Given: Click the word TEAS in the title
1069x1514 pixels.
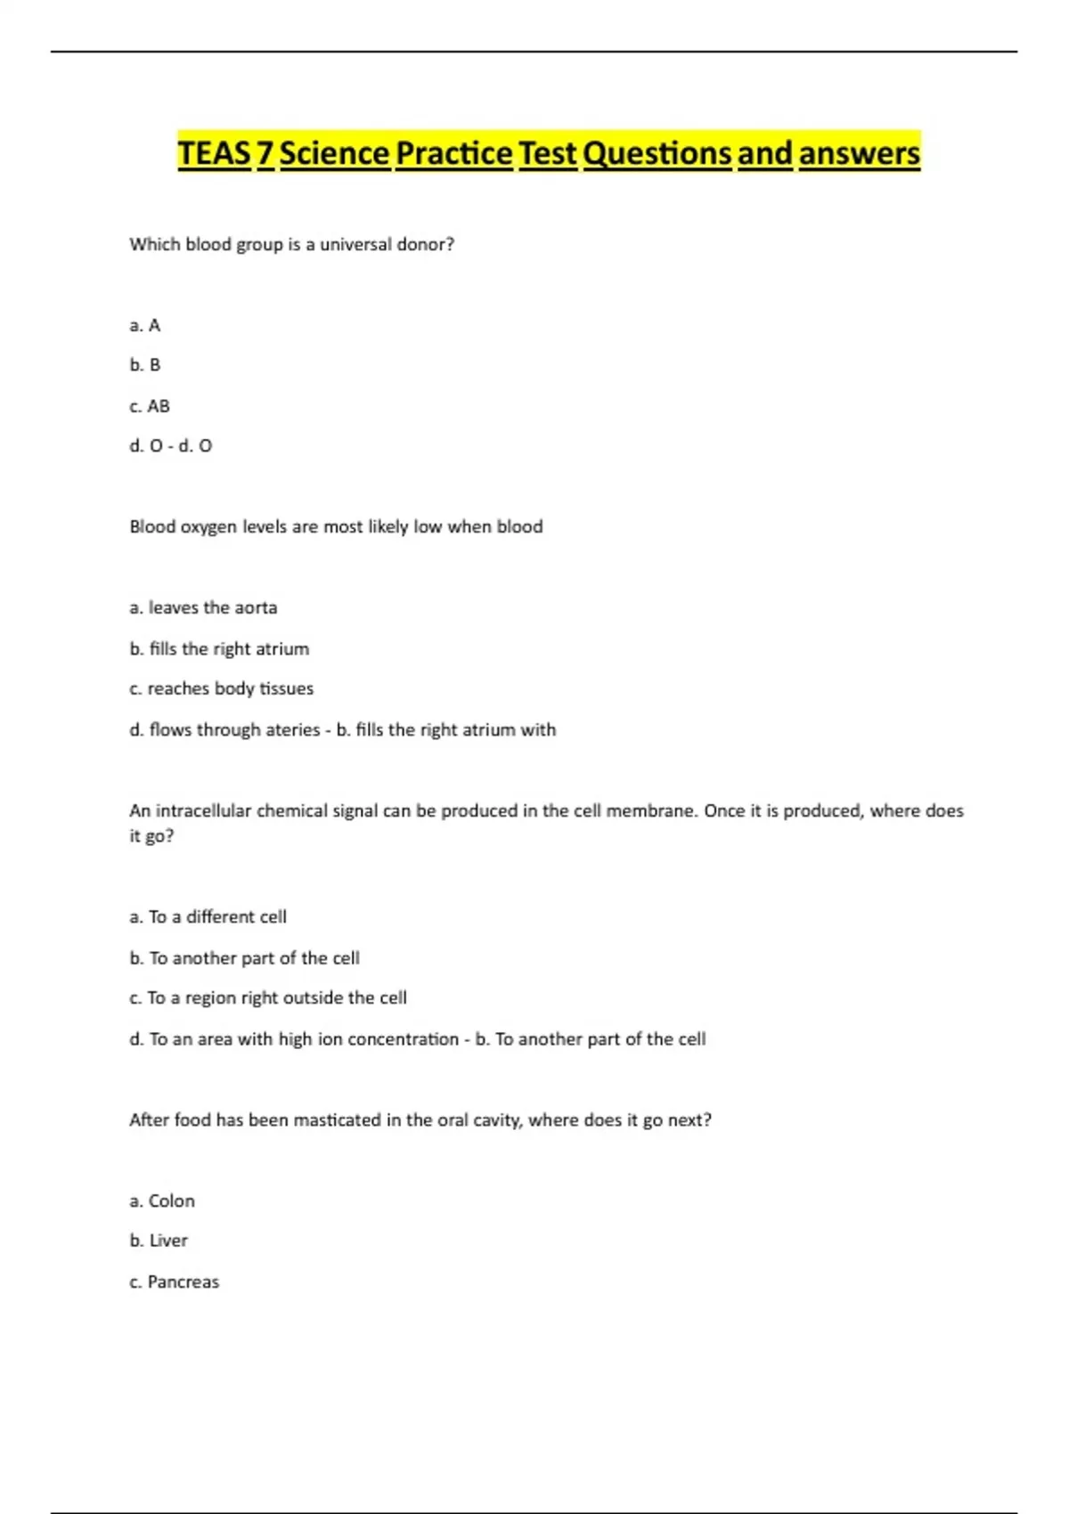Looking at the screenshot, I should (x=214, y=153).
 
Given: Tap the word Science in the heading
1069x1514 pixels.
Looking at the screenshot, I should (x=335, y=153).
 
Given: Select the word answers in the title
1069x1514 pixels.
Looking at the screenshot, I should (x=859, y=153).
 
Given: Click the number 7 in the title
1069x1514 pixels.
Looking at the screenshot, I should (x=265, y=153).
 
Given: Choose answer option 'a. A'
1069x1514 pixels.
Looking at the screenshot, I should (x=145, y=326).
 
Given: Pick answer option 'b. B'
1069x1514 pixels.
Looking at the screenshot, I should (x=145, y=365).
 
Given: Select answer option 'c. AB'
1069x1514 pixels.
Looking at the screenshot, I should (x=150, y=406).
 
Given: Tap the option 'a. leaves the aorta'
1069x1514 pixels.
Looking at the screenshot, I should (x=203, y=608).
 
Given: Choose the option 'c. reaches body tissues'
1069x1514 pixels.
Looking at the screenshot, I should (x=221, y=688).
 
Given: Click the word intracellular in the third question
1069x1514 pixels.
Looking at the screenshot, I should (x=204, y=811).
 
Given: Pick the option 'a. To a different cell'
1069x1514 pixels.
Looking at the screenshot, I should (x=208, y=917).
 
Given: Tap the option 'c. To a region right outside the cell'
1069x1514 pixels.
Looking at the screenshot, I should (x=267, y=998).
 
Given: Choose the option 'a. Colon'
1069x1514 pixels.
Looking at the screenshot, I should (x=162, y=1201).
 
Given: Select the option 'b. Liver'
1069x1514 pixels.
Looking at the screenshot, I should (x=159, y=1241).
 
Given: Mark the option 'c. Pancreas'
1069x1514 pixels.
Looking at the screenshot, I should (x=174, y=1282).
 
